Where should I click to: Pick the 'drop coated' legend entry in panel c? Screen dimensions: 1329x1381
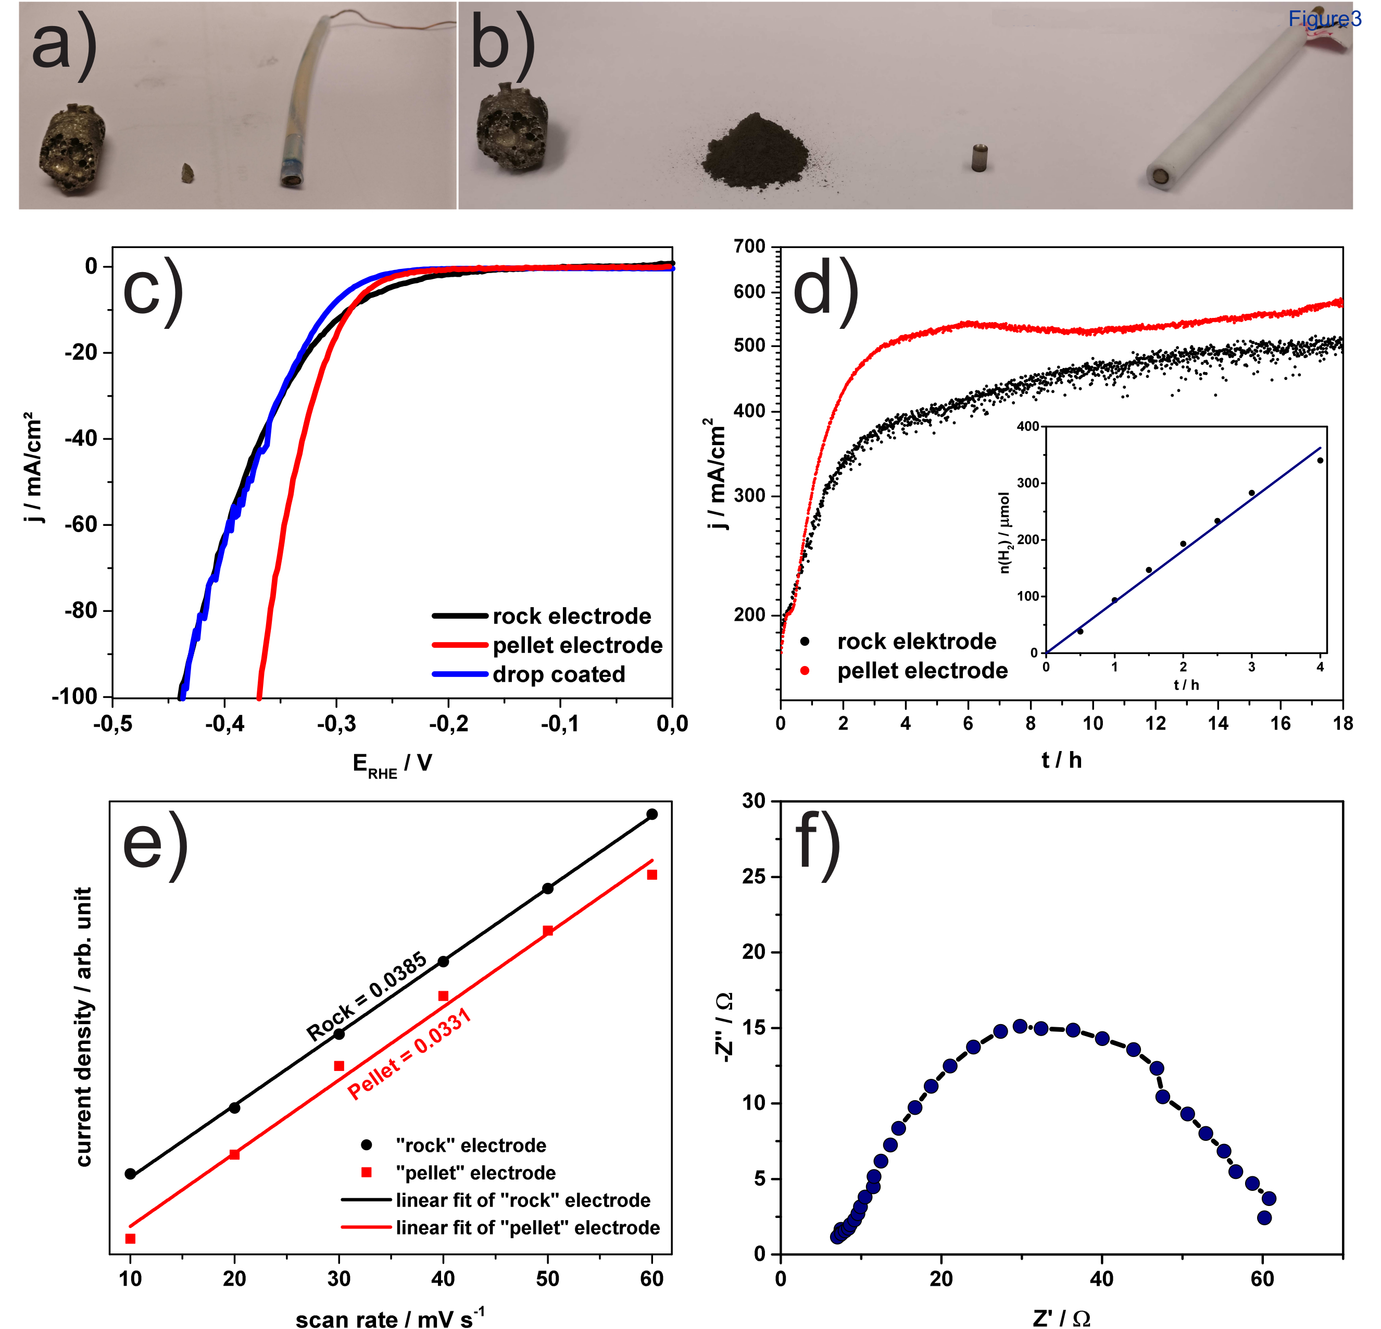[558, 675]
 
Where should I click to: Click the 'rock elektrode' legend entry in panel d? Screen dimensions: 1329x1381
[916, 642]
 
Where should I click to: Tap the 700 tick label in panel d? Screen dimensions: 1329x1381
[749, 247]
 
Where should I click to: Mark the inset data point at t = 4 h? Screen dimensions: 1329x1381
[1320, 460]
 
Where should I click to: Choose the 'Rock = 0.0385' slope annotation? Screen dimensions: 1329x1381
[367, 996]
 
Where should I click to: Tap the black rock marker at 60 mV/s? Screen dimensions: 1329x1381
[652, 814]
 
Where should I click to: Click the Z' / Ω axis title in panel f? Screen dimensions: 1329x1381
[1061, 1318]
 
